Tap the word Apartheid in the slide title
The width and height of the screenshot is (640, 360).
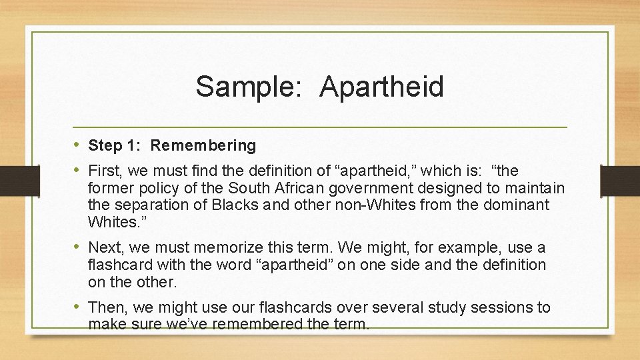tap(381, 87)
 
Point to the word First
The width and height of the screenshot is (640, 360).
tap(105, 171)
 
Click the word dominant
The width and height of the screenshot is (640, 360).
tap(513, 205)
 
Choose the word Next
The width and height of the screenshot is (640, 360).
tap(105, 248)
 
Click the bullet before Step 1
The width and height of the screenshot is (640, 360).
tap(77, 145)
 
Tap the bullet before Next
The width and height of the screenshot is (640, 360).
tap(77, 247)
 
